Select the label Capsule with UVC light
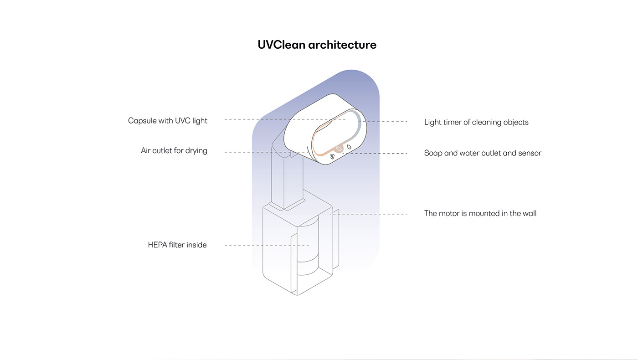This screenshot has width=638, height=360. tap(168, 121)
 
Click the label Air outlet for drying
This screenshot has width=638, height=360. tap(174, 150)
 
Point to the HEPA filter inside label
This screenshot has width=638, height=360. tap(177, 245)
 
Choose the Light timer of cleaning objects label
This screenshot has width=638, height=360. tap(476, 122)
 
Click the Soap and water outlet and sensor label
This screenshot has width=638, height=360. tap(483, 153)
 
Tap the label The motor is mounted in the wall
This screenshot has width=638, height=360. tap(480, 213)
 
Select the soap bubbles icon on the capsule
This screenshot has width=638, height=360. tap(332, 157)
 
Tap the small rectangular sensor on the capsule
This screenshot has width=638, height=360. tap(340, 149)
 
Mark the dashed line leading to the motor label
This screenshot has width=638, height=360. tap(369, 214)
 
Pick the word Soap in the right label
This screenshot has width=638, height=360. tap(433, 153)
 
